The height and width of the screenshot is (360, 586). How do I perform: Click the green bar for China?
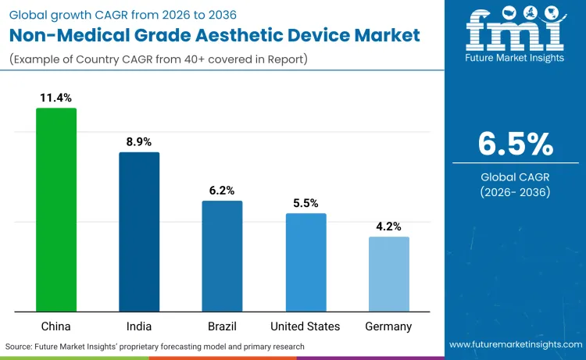pyautogui.click(x=56, y=210)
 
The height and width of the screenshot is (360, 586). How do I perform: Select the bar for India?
pyautogui.click(x=139, y=232)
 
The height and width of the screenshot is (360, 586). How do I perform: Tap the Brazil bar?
pyautogui.click(x=222, y=256)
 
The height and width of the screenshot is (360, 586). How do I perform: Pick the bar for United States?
pyautogui.click(x=306, y=262)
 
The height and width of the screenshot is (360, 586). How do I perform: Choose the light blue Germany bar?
pyautogui.click(x=388, y=274)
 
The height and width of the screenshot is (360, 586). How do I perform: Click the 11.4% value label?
pyautogui.click(x=56, y=98)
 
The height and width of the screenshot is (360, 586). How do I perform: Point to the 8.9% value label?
pyautogui.click(x=139, y=141)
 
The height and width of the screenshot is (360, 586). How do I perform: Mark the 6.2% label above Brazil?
pyautogui.click(x=222, y=191)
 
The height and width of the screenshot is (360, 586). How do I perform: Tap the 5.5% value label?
pyautogui.click(x=306, y=203)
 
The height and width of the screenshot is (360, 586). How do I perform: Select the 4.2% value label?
pyautogui.click(x=388, y=226)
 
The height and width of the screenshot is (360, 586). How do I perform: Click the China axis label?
pyautogui.click(x=56, y=326)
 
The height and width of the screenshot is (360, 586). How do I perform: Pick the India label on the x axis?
pyautogui.click(x=139, y=326)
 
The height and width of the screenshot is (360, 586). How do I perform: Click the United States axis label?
pyautogui.click(x=306, y=326)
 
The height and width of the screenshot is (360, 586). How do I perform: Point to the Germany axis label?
pyautogui.click(x=388, y=326)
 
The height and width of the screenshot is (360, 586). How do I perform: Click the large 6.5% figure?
pyautogui.click(x=515, y=144)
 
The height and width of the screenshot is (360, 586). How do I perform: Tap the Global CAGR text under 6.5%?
pyautogui.click(x=515, y=177)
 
